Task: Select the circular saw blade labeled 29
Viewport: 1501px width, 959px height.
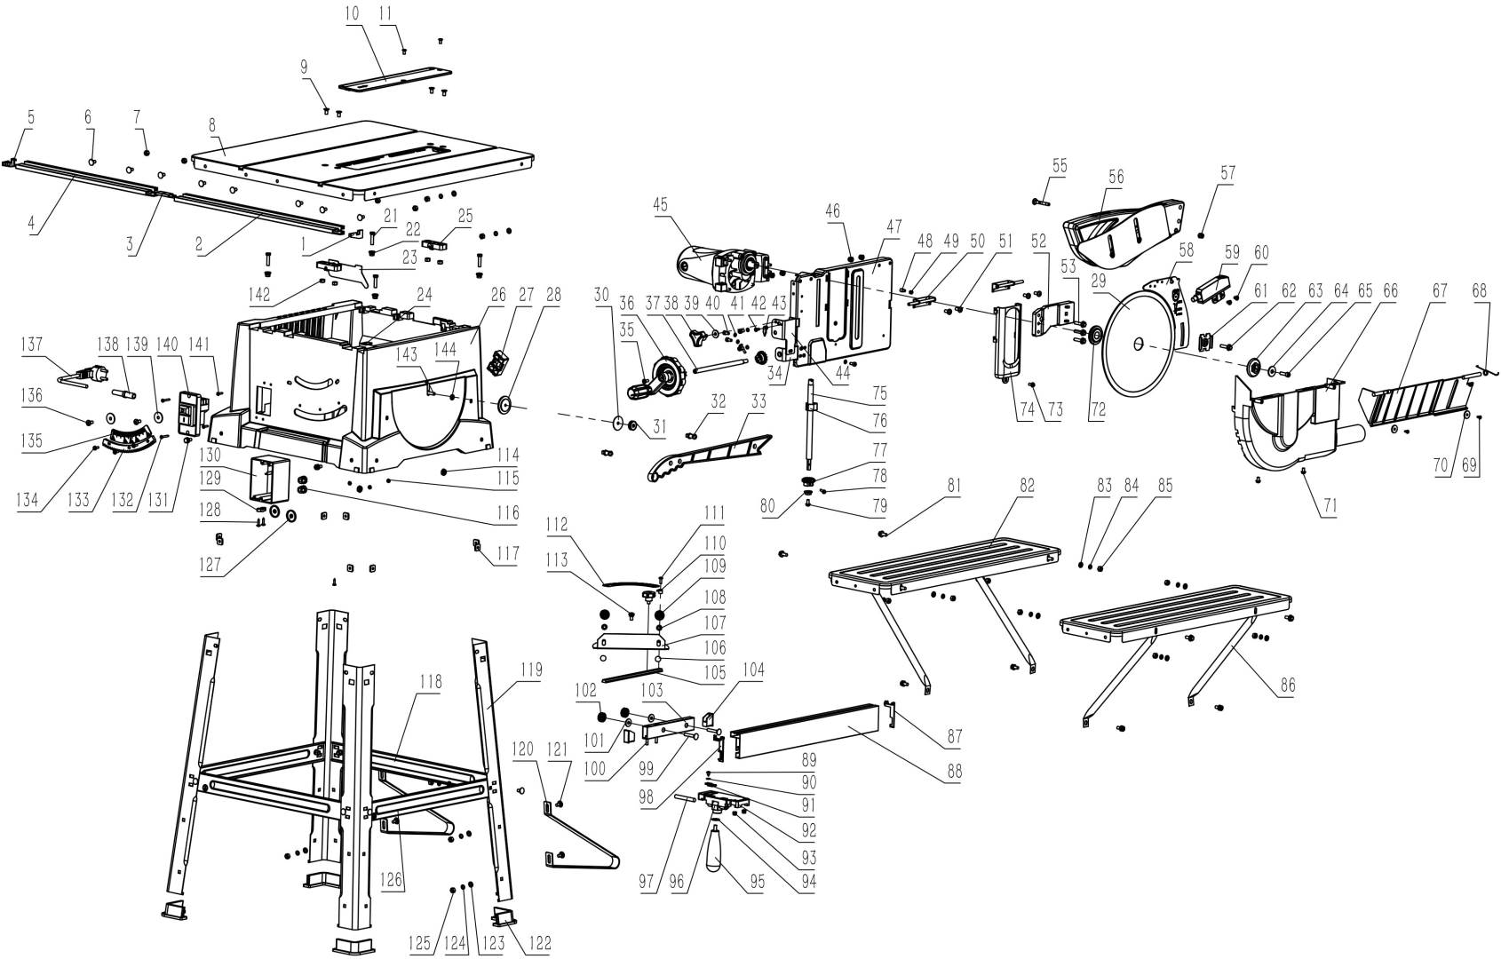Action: coord(1138,346)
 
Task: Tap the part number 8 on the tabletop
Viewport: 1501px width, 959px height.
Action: coord(213,125)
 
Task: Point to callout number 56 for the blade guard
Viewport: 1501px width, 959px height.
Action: coord(1116,177)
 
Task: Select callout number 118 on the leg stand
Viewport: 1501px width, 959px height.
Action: coord(433,681)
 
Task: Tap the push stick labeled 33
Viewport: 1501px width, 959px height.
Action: coord(711,452)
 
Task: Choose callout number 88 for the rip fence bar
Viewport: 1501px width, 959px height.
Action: coord(955,772)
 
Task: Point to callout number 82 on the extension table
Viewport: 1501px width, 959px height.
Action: coord(1027,486)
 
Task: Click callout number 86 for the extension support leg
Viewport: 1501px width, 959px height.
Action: coord(1287,685)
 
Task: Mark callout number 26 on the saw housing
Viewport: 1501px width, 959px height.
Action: coord(497,294)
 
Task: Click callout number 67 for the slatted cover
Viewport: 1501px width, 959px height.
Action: coord(1440,291)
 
